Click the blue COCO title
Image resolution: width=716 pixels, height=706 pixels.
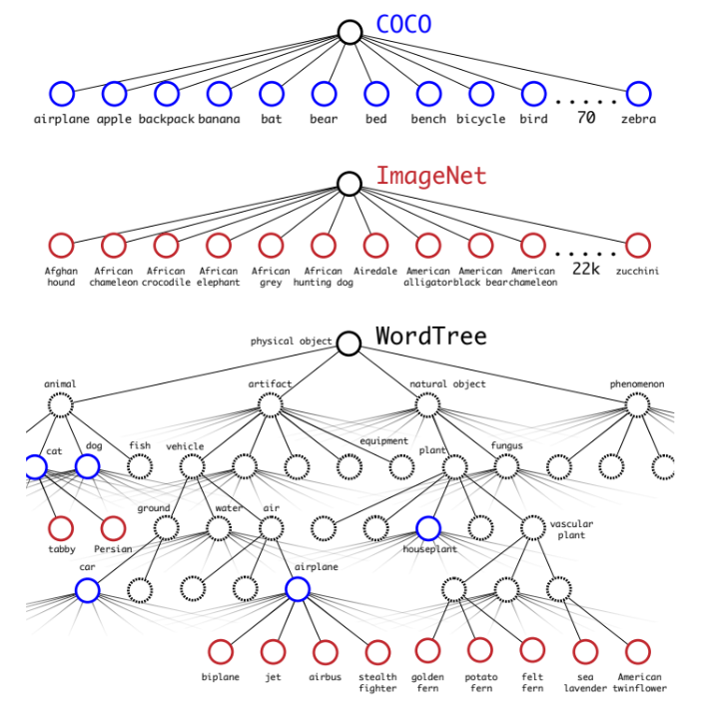click(403, 25)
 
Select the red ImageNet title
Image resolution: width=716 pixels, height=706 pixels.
click(430, 177)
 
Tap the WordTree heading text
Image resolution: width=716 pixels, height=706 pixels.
click(430, 336)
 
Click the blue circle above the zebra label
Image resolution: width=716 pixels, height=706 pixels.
click(637, 94)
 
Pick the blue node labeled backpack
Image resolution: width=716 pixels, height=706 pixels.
click(167, 94)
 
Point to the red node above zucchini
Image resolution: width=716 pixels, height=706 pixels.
click(637, 245)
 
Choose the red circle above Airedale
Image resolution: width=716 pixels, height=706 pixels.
click(375, 245)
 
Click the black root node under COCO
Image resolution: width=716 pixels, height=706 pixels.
click(350, 32)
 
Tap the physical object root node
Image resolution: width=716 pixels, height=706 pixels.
click(349, 344)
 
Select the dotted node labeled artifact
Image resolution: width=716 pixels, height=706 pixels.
click(271, 404)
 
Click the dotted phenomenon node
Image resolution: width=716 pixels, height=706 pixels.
click(637, 404)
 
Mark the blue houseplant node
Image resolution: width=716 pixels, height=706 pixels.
click(427, 528)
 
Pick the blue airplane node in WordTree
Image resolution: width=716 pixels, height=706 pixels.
click(297, 590)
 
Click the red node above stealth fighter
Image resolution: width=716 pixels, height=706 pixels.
click(377, 652)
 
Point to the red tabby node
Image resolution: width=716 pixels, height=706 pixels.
click(61, 528)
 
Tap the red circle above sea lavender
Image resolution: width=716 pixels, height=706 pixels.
click(584, 652)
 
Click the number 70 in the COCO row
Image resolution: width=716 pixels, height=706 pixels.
click(585, 118)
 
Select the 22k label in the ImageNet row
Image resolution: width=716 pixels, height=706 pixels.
click(585, 270)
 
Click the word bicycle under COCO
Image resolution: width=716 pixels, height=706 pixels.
click(480, 119)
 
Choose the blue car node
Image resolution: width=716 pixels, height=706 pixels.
click(88, 590)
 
